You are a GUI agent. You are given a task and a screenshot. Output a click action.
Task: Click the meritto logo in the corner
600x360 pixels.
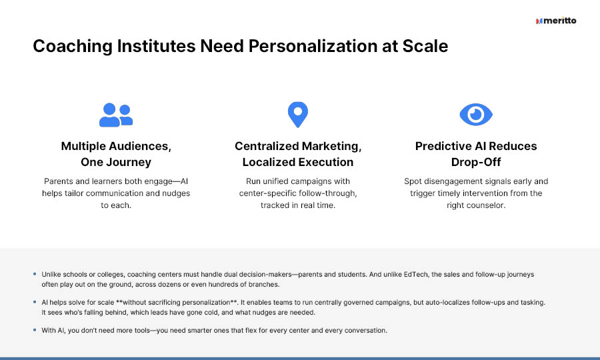click(556, 21)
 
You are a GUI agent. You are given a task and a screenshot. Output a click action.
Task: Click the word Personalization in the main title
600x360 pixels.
click(312, 46)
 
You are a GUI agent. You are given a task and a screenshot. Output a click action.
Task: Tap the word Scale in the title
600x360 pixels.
click(425, 46)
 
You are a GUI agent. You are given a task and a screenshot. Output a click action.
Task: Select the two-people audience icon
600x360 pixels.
click(116, 115)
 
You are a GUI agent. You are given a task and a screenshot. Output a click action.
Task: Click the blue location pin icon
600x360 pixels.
click(298, 115)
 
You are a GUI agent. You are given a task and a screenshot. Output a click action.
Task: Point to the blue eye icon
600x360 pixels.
click(476, 115)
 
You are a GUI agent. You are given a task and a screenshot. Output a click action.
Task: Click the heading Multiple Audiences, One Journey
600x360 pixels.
click(116, 154)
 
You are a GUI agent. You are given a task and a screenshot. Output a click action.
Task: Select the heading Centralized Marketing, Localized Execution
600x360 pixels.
click(298, 154)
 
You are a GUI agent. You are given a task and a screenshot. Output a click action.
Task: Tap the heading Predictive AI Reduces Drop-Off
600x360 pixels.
click(476, 154)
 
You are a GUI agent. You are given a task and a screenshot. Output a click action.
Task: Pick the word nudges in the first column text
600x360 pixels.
click(175, 193)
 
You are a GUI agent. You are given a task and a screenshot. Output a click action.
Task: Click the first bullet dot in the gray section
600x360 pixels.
click(35, 274)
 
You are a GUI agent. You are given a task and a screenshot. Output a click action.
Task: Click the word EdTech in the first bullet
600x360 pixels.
click(415, 274)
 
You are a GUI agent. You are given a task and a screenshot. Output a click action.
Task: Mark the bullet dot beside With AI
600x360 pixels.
click(35, 330)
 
